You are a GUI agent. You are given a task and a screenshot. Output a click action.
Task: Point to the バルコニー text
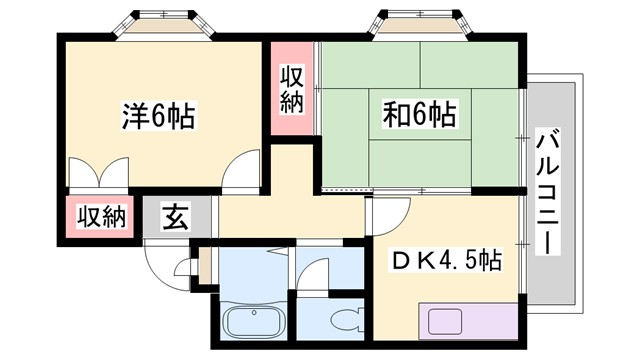547,192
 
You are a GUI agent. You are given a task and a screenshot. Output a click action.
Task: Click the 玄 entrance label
176,216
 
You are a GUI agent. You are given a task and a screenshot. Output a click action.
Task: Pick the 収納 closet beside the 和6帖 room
291,88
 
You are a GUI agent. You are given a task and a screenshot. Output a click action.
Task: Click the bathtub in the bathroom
255,323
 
